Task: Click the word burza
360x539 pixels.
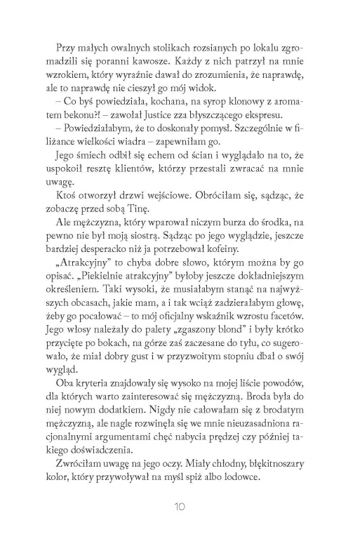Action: [245, 221]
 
